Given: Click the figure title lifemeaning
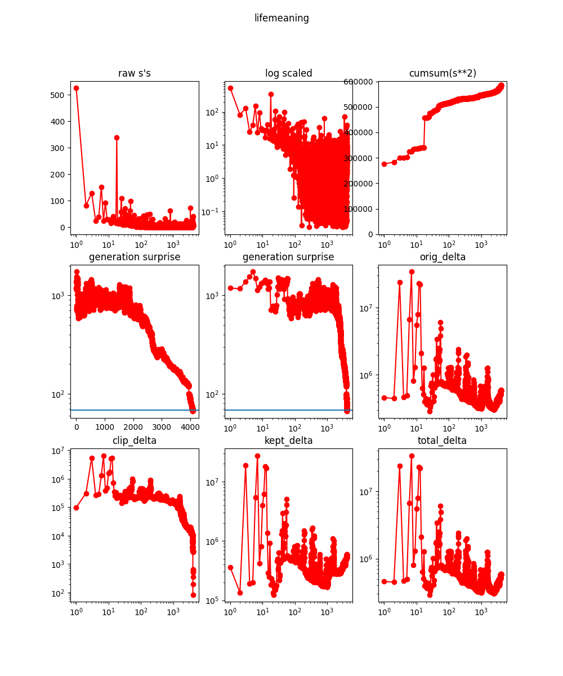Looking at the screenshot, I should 281,18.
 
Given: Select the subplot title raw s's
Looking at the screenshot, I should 134,73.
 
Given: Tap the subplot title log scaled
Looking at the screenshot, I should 288,73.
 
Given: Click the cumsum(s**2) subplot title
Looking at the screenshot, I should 442,73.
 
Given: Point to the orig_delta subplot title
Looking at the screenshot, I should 442,257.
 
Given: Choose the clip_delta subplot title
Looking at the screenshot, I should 134,441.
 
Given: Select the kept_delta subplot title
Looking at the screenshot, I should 288,441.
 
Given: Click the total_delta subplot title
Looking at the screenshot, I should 442,441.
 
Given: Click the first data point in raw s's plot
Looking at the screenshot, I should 76,88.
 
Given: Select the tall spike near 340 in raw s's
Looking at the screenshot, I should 117,137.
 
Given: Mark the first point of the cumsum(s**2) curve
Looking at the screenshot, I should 384,164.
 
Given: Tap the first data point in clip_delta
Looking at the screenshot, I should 76,508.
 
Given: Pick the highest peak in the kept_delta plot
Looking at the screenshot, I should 257,456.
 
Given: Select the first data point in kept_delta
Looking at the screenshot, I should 230,567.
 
